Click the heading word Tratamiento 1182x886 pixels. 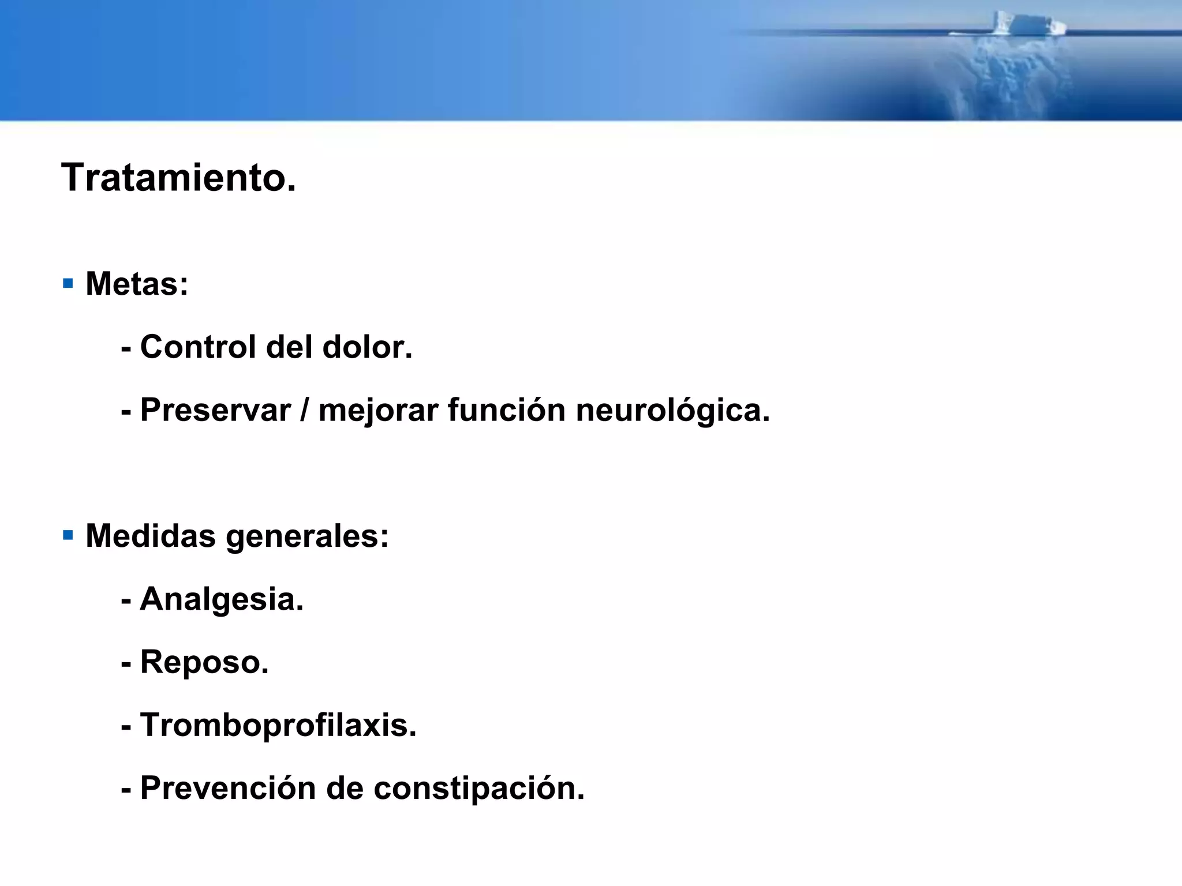point(178,178)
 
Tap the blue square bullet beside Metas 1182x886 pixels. point(68,283)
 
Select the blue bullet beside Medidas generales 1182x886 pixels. point(68,535)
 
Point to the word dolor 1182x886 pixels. point(366,347)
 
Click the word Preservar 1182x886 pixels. point(215,410)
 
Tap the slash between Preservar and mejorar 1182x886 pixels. point(304,410)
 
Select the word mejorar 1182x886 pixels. point(378,411)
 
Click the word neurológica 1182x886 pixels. point(672,411)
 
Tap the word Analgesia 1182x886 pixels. point(221,600)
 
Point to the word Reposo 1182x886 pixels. point(204,663)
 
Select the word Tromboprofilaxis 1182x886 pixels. point(278,725)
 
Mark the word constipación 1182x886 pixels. point(478,789)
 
